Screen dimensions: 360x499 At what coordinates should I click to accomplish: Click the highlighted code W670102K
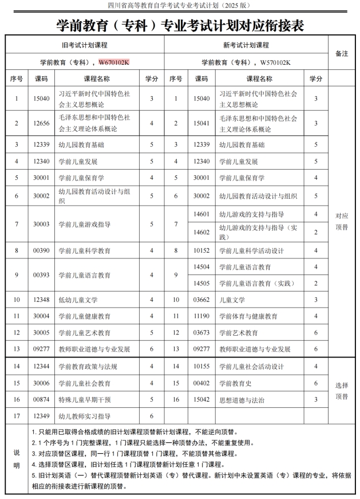(x=114, y=61)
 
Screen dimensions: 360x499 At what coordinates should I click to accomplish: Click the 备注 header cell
(x=342, y=53)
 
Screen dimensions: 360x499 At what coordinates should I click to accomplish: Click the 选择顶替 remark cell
(x=342, y=391)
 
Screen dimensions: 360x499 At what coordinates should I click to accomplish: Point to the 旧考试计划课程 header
(x=85, y=45)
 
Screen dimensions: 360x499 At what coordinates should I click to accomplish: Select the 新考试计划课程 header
(x=246, y=45)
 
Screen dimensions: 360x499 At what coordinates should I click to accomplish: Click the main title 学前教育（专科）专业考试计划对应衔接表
(x=180, y=25)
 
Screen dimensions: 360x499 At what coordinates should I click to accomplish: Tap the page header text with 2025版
(x=180, y=5)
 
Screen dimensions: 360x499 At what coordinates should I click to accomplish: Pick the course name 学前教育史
(x=235, y=383)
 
